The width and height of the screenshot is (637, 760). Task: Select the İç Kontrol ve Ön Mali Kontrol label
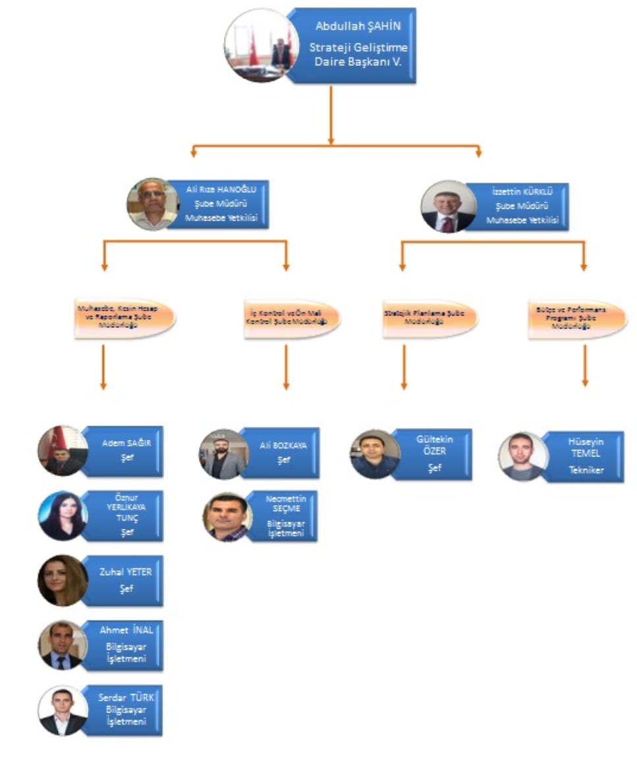(290, 319)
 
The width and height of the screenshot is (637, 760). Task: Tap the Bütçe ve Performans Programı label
(576, 319)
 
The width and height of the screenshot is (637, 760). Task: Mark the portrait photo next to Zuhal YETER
(63, 580)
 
